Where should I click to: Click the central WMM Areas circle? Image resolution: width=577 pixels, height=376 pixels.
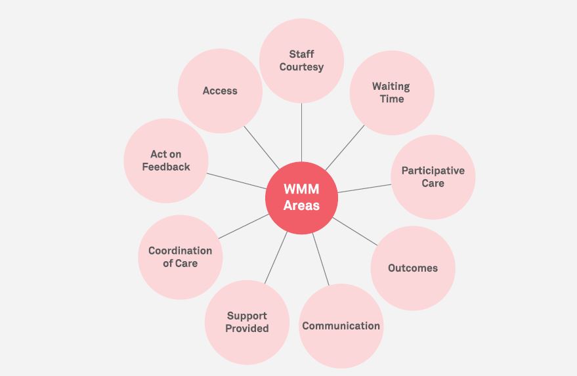point(301,198)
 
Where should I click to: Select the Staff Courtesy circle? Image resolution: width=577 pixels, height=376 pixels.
point(301,60)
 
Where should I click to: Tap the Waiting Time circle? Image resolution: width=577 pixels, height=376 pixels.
point(391,93)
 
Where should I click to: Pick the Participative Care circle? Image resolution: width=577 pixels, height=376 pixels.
point(433,177)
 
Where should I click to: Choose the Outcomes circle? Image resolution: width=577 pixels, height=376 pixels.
point(412,268)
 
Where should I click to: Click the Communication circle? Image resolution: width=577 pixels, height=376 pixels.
point(341,325)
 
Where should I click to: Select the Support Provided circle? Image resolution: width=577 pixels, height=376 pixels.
point(247,322)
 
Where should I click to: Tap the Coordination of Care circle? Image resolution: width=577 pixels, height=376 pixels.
point(180,257)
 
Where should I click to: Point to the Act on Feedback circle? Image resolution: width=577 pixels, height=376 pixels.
point(166,161)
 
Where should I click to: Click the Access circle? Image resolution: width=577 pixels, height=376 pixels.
point(220,91)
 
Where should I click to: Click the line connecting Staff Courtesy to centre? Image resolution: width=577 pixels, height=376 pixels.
point(301,131)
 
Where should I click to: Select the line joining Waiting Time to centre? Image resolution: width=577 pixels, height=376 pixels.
point(344,148)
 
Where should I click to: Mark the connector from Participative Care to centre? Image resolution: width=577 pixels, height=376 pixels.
point(364,188)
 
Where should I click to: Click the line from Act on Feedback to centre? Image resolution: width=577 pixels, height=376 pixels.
point(236,180)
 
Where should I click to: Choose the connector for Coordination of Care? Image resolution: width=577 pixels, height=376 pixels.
point(243,226)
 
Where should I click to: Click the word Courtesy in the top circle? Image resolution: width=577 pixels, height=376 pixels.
point(301,67)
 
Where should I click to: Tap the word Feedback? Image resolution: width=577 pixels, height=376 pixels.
point(166,167)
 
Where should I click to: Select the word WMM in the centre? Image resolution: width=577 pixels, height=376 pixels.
point(301,189)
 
